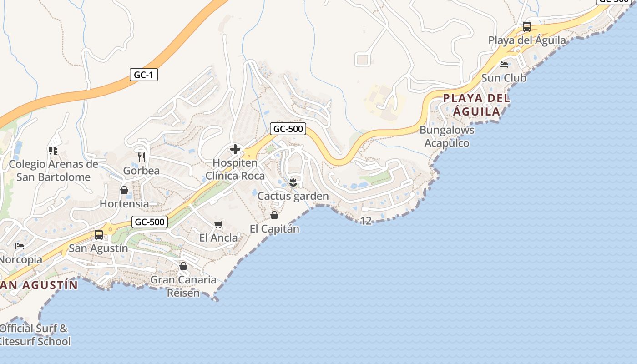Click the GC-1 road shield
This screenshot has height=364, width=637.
(x=144, y=75)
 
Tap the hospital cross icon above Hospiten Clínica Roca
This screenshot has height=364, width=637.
(x=235, y=149)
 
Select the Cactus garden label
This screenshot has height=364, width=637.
(x=293, y=196)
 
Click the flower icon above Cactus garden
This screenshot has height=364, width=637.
(x=293, y=183)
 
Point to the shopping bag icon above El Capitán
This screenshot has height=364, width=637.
(x=274, y=215)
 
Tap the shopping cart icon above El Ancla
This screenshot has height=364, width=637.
(x=218, y=225)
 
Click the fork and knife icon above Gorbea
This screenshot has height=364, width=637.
(x=142, y=157)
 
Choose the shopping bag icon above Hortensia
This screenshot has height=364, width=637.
(x=124, y=190)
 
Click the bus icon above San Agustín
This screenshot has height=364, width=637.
(x=98, y=235)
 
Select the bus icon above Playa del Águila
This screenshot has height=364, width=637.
(x=527, y=27)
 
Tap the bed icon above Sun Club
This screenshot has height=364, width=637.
(x=504, y=65)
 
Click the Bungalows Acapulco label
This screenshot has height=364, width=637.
(x=447, y=136)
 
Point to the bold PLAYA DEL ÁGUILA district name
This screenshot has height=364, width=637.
(x=476, y=105)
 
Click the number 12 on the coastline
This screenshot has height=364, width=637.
(x=366, y=221)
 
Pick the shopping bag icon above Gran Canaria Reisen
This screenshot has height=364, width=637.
(x=183, y=266)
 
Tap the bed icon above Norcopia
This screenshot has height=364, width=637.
(x=20, y=246)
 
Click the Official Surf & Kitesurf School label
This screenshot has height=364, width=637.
(x=35, y=335)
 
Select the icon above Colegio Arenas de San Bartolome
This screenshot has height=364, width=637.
(x=53, y=150)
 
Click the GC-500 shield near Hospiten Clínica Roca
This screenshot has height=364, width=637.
(x=288, y=129)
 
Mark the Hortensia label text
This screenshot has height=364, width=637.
(x=124, y=203)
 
